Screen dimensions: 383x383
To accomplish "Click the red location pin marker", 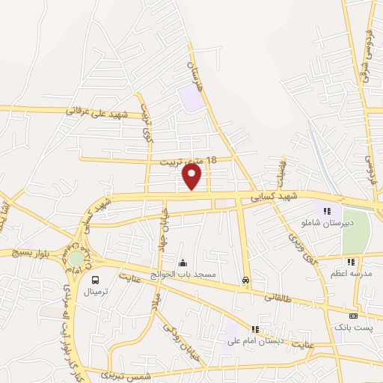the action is (x=192, y=177).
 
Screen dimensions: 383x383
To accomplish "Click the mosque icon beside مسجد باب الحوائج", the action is (x=183, y=263).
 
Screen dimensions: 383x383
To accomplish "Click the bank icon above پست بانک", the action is (x=354, y=316).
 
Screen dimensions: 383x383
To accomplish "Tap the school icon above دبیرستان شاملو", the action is (x=328, y=212).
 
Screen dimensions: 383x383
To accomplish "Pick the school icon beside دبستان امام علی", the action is (x=256, y=329).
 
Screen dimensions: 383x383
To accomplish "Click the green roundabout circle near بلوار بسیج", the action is (x=76, y=258).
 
